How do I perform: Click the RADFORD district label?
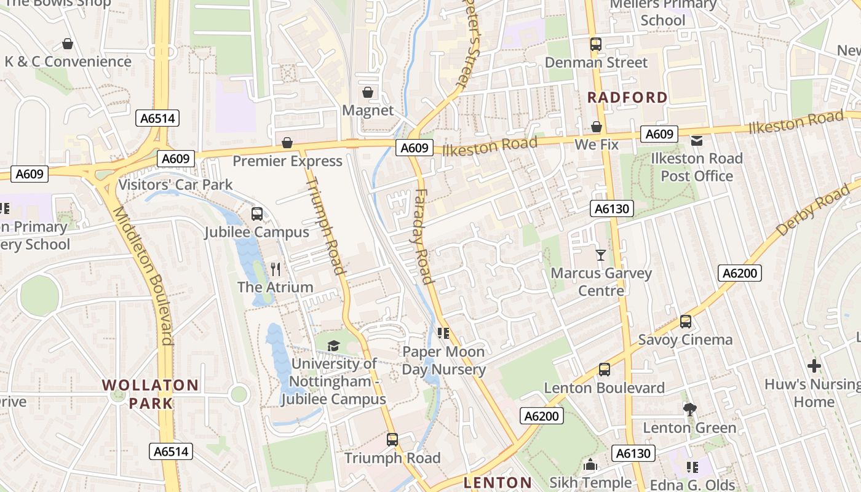pos(627,97)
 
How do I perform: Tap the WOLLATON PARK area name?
pos(150,394)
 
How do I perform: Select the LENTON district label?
pos(498,482)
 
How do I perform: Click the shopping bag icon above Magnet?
pos(367,92)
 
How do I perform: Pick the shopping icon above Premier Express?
pos(287,143)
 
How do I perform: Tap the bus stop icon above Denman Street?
pos(595,44)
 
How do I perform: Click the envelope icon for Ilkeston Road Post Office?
pos(697,141)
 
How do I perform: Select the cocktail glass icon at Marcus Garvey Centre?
pos(601,255)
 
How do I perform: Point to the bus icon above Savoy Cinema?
pos(685,322)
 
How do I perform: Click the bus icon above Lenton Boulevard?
pos(605,370)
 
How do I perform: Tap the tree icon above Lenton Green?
pos(689,409)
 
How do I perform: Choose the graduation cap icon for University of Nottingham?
pos(333,346)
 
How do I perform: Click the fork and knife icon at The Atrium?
pos(276,269)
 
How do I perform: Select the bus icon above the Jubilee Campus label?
pos(257,214)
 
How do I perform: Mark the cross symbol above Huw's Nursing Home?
pos(814,367)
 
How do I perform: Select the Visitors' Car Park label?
pos(175,184)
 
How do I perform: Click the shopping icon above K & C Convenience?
pos(68,44)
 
